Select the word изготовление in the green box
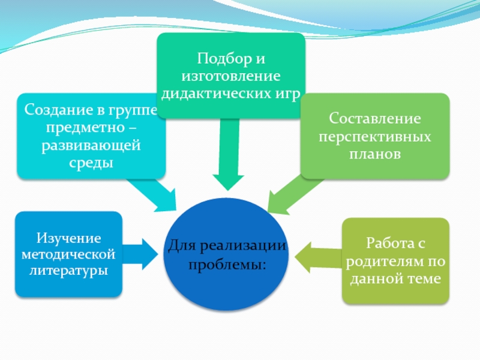click(231, 77)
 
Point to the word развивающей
click(91, 146)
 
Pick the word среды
click(91, 163)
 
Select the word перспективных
click(374, 137)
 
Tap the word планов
click(374, 154)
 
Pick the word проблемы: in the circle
click(227, 265)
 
